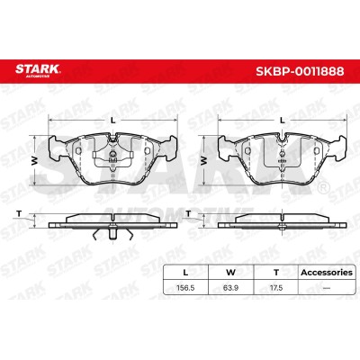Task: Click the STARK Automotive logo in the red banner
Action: click(x=38, y=71)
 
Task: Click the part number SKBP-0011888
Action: click(x=300, y=71)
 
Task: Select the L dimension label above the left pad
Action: click(x=112, y=121)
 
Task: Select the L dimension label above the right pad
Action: click(x=282, y=121)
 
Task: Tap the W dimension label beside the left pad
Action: click(x=35, y=161)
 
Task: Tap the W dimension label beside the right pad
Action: click(x=204, y=161)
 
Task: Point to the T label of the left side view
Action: click(x=19, y=213)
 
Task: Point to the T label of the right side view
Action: click(x=188, y=213)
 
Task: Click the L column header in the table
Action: click(x=185, y=273)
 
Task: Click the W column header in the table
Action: click(x=230, y=273)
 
